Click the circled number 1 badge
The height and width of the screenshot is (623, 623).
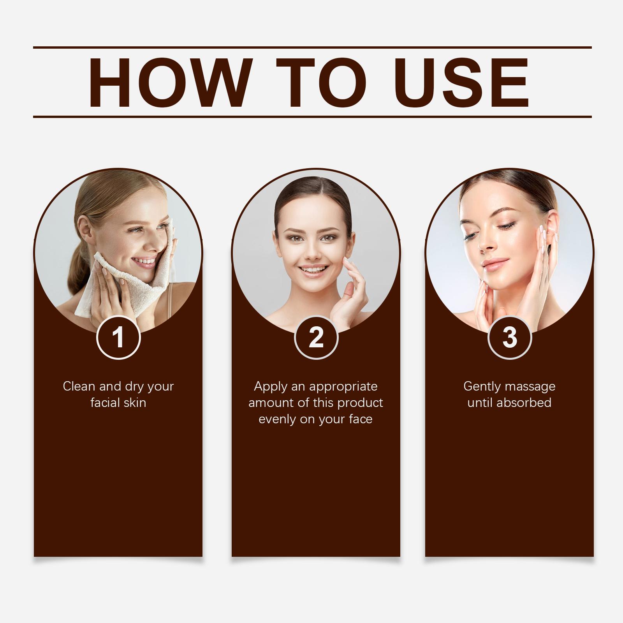pyautogui.click(x=118, y=337)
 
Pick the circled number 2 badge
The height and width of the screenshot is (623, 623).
pyautogui.click(x=316, y=337)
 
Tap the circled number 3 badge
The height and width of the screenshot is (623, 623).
pyautogui.click(x=509, y=337)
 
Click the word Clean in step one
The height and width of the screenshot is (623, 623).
pyautogui.click(x=79, y=386)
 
